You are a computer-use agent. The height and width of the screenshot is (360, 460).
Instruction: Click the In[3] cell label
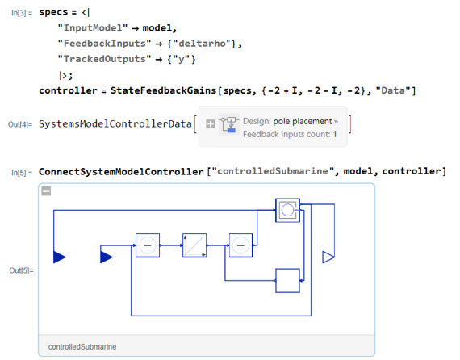tap(22, 13)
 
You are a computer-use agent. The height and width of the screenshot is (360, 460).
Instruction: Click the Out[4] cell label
tap(20, 124)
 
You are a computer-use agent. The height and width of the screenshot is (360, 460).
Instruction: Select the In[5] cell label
tap(22, 173)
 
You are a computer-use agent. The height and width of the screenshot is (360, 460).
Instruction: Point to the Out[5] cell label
tap(21, 270)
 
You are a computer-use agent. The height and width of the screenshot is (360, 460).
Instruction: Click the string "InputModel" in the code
tap(93, 28)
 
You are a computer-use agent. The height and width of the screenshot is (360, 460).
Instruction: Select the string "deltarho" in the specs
tap(202, 44)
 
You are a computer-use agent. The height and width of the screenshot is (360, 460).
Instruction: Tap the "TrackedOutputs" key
tap(104, 59)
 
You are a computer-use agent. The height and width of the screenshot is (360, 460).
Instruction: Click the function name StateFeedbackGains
tap(163, 90)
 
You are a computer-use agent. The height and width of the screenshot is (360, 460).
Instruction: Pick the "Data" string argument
tap(393, 90)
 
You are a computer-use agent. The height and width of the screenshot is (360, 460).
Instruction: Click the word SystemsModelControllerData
tap(115, 124)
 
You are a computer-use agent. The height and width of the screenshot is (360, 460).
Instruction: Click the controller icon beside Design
tap(229, 124)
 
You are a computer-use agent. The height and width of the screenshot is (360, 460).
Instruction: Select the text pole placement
tap(303, 121)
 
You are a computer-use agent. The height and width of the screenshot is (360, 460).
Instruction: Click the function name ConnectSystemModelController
tap(121, 171)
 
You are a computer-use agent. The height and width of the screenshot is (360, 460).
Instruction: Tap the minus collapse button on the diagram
tap(46, 191)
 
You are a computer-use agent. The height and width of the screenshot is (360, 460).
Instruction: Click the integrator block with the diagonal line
tap(194, 245)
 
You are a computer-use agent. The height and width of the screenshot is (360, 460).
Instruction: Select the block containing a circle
tap(287, 210)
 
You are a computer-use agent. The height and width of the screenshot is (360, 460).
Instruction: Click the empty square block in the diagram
tap(287, 280)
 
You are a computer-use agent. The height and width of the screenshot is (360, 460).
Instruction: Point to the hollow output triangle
tap(328, 257)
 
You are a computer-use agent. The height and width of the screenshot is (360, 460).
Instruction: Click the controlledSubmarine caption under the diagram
tap(82, 347)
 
